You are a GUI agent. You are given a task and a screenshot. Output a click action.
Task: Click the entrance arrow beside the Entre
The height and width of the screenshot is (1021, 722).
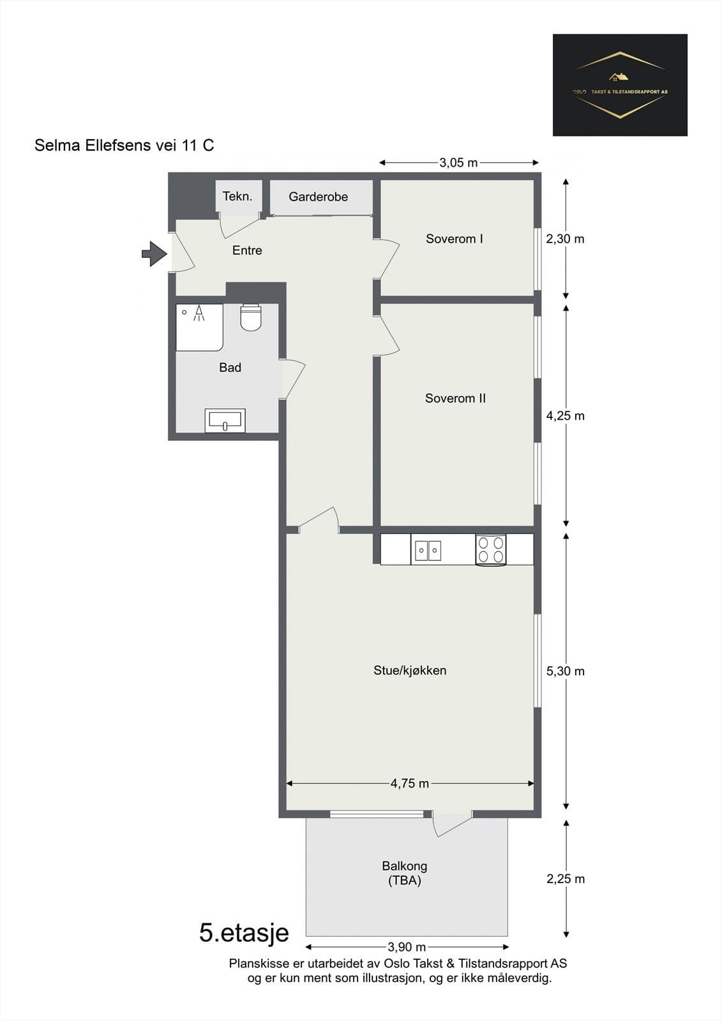[154, 253]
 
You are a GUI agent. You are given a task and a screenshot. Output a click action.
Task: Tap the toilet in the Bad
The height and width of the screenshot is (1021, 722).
[250, 317]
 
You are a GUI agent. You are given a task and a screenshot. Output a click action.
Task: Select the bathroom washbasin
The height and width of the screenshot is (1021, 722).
[225, 421]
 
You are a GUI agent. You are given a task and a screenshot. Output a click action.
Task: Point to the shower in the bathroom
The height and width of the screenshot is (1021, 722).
[199, 327]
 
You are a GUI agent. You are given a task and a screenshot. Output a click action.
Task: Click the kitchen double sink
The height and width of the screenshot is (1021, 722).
[427, 550]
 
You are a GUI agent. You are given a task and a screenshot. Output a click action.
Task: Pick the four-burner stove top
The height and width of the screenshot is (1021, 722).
[491, 549]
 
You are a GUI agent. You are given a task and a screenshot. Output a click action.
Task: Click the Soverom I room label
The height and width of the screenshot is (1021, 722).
[455, 239]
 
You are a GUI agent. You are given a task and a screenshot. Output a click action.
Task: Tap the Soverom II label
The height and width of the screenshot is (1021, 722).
[455, 398]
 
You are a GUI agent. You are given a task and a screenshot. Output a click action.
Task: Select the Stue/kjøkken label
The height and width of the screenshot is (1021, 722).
[410, 671]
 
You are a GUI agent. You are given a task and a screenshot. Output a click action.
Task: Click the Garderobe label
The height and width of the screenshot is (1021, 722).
[319, 197]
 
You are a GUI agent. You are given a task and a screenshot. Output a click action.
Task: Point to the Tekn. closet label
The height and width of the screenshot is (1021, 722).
[237, 197]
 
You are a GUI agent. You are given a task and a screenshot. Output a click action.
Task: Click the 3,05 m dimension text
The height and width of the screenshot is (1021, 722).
[458, 163]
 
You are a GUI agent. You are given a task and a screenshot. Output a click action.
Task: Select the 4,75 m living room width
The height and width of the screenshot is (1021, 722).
[410, 784]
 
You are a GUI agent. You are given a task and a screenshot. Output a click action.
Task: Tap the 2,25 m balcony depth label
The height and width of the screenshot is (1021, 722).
[566, 879]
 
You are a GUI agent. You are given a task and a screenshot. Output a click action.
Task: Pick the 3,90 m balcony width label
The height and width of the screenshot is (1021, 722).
[407, 947]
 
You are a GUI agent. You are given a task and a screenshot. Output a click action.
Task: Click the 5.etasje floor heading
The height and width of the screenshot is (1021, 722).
[244, 933]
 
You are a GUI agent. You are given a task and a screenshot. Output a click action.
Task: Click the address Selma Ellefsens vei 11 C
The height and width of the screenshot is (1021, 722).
[124, 145]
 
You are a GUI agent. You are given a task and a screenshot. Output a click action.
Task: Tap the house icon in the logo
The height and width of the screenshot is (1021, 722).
[618, 77]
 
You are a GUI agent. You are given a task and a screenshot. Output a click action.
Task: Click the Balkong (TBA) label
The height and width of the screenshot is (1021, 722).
[405, 874]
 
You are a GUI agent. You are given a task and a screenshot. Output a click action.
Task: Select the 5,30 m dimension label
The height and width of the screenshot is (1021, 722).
[566, 671]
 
